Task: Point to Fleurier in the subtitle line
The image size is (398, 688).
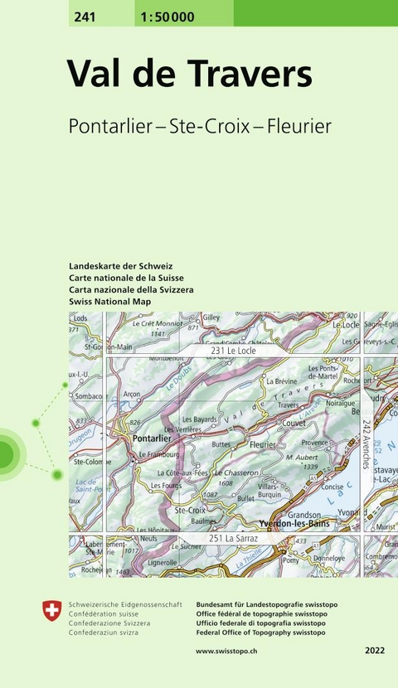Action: point(297,126)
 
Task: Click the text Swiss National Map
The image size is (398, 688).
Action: point(110,302)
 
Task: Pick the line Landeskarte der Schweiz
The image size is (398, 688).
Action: point(121,266)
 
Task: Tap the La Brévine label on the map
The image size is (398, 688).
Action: point(282,381)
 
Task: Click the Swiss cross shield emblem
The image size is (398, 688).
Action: point(51,611)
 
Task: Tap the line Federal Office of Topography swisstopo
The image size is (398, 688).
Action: point(260,632)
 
